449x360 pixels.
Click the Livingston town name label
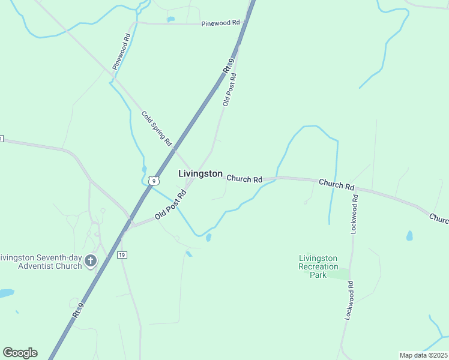pos(200,173)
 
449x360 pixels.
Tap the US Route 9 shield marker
pos(154,180)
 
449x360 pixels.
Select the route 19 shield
pos(122,255)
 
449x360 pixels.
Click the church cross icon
pos(91,260)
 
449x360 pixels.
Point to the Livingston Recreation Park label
pos(318,266)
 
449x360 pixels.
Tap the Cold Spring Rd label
pos(157,128)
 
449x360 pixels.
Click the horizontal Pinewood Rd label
pos(220,23)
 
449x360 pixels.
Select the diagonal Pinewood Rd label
pos(121,51)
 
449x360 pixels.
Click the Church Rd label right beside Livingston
pos(244,179)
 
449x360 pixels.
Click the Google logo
pos(20,353)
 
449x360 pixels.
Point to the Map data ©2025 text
pos(423,355)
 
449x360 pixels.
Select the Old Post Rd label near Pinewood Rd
pos(230,89)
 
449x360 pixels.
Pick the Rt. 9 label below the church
pos(77,313)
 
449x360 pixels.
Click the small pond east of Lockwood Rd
pos(409,236)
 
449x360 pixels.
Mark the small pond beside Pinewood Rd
pos(171,19)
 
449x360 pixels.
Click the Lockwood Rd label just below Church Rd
pos(354,214)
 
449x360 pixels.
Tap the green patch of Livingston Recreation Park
pos(339,275)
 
